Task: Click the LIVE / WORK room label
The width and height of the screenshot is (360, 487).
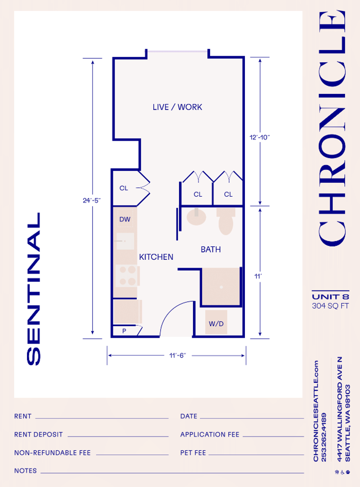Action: click(x=177, y=107)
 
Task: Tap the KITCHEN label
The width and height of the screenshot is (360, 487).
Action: click(x=156, y=257)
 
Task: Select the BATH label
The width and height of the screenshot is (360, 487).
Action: click(x=211, y=249)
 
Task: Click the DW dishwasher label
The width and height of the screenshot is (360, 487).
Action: click(x=125, y=219)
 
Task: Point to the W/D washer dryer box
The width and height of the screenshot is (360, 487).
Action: click(x=216, y=322)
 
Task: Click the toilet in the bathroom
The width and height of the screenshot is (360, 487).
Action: click(x=226, y=221)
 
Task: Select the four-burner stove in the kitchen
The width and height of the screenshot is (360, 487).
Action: click(x=127, y=276)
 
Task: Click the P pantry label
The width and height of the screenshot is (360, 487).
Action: click(x=124, y=331)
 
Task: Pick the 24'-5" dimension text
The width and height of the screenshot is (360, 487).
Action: click(x=92, y=200)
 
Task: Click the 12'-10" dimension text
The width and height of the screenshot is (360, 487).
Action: click(x=260, y=137)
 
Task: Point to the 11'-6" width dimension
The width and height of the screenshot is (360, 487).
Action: click(x=177, y=355)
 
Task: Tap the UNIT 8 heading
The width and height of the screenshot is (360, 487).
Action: click(x=331, y=297)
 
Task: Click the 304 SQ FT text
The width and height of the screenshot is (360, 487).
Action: click(x=331, y=306)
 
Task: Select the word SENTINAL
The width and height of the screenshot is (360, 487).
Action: click(x=33, y=289)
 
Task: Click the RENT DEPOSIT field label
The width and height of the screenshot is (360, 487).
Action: click(x=38, y=435)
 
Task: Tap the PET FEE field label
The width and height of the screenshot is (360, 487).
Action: click(x=193, y=453)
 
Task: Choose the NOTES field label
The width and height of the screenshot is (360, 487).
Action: click(x=25, y=471)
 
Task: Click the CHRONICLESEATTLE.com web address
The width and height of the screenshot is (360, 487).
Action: click(x=316, y=411)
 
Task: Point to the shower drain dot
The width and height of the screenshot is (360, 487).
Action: click(x=221, y=287)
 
